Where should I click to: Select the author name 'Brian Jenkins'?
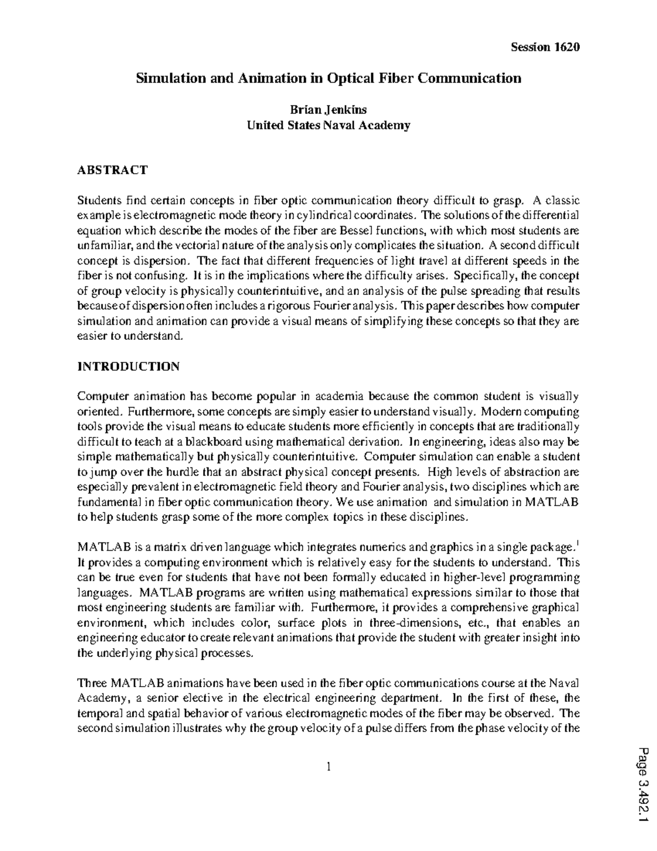328,110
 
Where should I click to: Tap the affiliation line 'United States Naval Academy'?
328,125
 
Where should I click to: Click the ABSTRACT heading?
112,170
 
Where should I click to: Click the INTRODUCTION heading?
128,367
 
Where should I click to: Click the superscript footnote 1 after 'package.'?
579,543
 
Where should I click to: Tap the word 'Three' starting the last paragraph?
92,683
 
